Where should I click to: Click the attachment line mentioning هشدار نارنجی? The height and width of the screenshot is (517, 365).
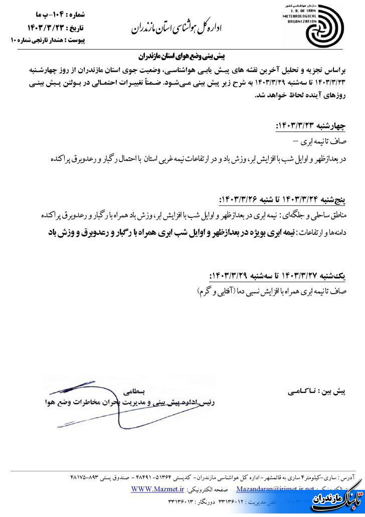point(47,40)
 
